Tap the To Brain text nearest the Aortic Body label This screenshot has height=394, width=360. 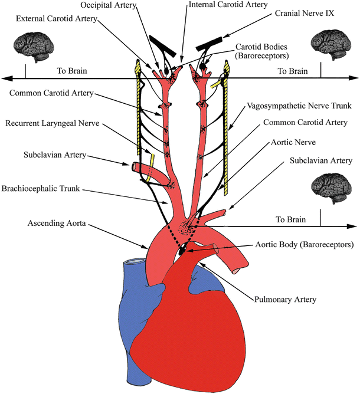pyautogui.click(x=291, y=219)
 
